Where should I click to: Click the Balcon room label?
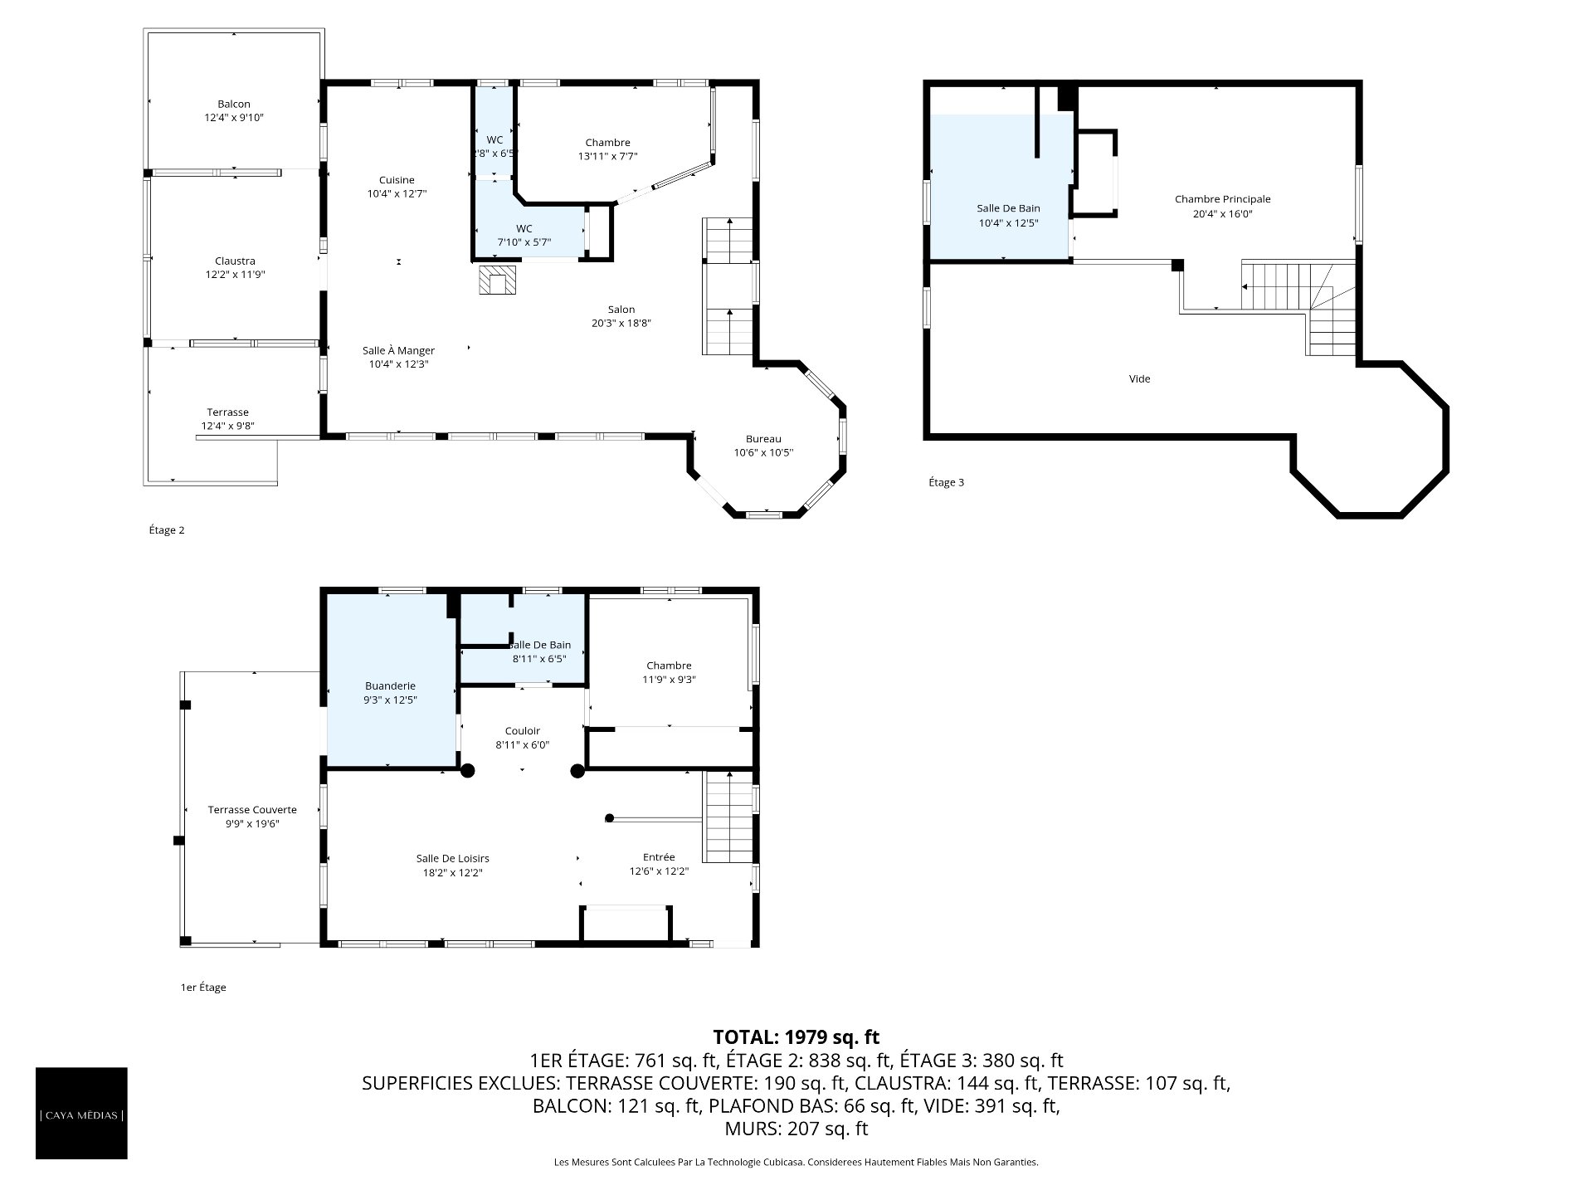click(234, 104)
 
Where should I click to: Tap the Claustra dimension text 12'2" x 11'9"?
click(235, 275)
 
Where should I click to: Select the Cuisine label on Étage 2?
click(397, 180)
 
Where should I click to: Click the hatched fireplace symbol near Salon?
click(497, 280)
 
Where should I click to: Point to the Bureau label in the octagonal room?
click(763, 439)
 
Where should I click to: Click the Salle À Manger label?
click(398, 350)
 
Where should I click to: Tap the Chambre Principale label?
click(1222, 199)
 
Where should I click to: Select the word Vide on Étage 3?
click(1140, 378)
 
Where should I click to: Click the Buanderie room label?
click(390, 686)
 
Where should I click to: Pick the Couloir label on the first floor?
click(523, 731)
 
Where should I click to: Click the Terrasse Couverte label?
click(252, 810)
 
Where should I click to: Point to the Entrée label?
click(659, 857)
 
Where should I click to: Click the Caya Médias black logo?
click(81, 1113)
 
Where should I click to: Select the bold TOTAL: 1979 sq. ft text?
click(796, 1036)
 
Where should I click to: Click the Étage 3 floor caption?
click(946, 482)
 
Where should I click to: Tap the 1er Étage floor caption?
click(203, 988)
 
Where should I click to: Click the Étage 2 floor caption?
click(166, 530)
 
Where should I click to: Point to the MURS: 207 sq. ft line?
click(796, 1129)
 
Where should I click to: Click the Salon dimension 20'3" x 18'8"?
click(621, 324)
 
